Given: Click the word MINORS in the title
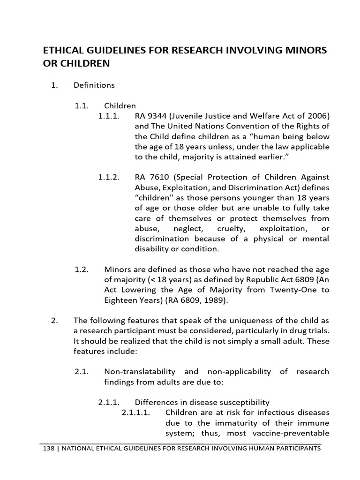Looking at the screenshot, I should tap(296, 50).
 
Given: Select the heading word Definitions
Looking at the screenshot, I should tap(94, 85).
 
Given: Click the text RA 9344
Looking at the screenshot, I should tap(150, 116).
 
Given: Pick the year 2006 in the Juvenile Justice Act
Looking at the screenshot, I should tap(319, 116).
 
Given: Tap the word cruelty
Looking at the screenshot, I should tap(231, 228).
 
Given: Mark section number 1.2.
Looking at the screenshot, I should tap(82, 270).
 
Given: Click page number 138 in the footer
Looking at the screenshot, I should tap(48, 449).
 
